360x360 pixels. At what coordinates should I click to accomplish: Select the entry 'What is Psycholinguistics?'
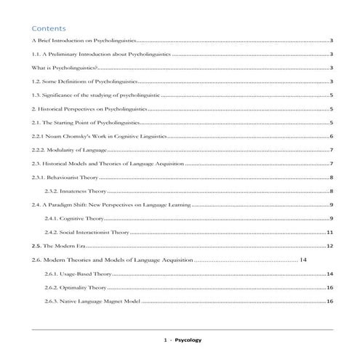(x=66, y=68)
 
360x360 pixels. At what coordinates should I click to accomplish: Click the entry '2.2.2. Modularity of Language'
(x=69, y=151)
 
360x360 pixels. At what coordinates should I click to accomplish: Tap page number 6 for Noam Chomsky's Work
(x=331, y=137)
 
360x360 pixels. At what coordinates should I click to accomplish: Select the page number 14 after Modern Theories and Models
(x=304, y=260)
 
